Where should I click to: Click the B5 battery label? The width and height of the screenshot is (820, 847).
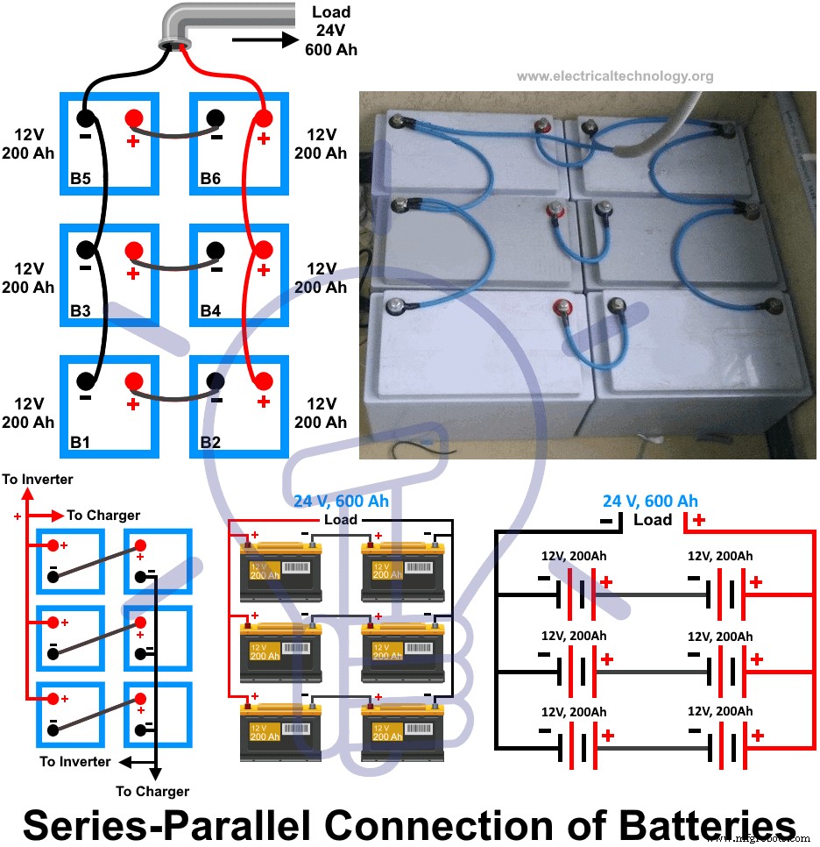pos(81,180)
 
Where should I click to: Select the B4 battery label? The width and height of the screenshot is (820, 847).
pos(210,310)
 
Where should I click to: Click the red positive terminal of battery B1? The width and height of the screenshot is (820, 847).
pos(133,381)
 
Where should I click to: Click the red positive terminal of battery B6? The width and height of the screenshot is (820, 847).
pos(262,118)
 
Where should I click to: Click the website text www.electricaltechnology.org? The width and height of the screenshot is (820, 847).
pos(614,76)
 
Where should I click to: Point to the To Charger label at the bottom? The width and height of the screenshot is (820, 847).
pos(152,791)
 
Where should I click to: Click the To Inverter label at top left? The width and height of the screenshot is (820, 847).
pos(38,480)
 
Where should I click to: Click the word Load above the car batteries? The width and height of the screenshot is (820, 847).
pos(340,520)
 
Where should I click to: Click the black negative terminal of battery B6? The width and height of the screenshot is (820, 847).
pos(216,118)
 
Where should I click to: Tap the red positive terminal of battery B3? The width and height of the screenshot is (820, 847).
pos(133,250)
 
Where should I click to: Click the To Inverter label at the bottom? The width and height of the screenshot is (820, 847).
pos(75,761)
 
